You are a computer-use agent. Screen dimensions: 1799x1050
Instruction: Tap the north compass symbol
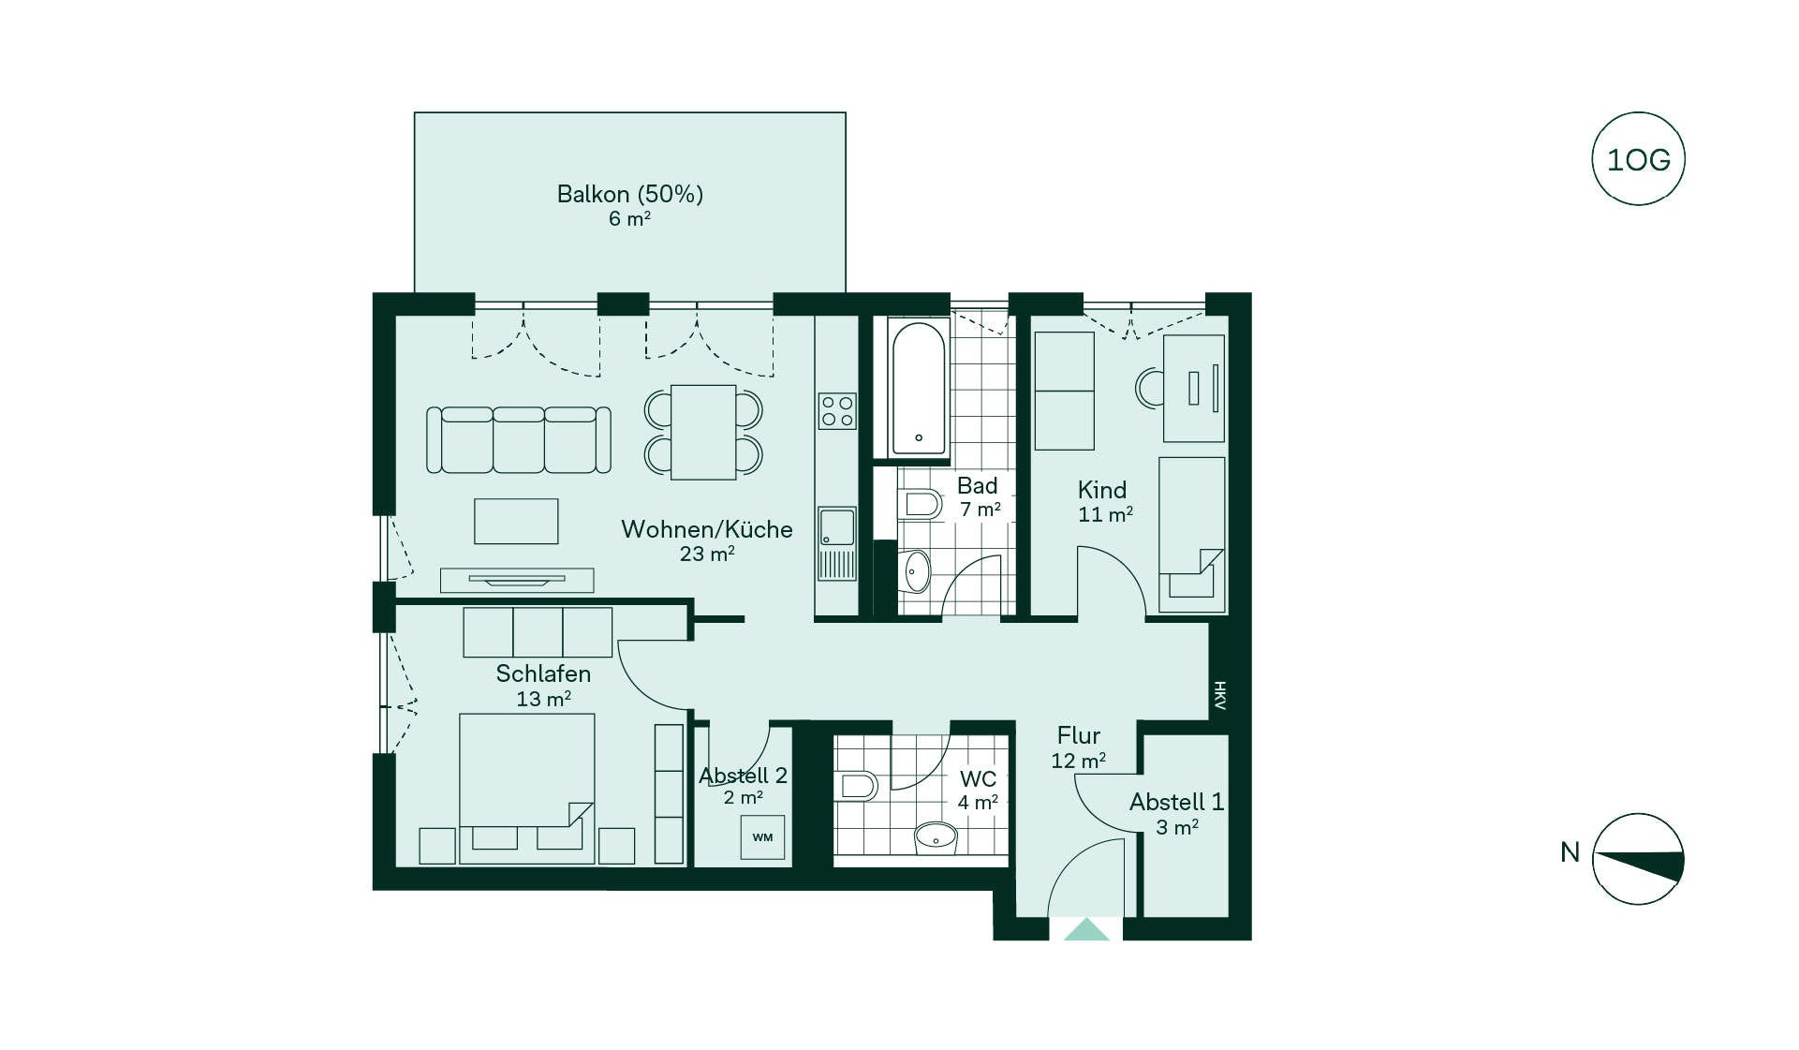1638,859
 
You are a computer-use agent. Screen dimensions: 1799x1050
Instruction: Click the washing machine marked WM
762,836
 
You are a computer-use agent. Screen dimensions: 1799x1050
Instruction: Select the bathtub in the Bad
919,388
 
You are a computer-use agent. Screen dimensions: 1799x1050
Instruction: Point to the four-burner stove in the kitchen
837,410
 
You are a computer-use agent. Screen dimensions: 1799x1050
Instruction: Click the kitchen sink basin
837,526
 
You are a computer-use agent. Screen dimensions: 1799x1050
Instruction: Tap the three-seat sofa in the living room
519,439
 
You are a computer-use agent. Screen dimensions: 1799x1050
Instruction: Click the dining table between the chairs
703,432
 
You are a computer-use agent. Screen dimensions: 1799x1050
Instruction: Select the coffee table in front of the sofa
516,521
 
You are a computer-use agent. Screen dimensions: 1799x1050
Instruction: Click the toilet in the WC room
858,785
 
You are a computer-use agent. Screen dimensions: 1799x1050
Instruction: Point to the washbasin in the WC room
936,836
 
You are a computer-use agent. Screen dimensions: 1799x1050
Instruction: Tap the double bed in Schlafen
527,788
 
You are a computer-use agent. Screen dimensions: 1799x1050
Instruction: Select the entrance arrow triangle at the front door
1086,929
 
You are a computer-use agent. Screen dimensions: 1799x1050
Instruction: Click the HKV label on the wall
1219,695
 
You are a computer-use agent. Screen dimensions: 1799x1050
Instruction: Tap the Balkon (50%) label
629,194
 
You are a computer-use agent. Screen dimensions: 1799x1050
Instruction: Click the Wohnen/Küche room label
707,529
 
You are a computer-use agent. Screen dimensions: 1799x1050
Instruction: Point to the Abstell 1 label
1176,802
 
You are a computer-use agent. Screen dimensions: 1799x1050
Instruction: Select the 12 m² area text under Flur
1079,761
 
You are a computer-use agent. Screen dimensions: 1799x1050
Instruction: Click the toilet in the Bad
920,505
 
